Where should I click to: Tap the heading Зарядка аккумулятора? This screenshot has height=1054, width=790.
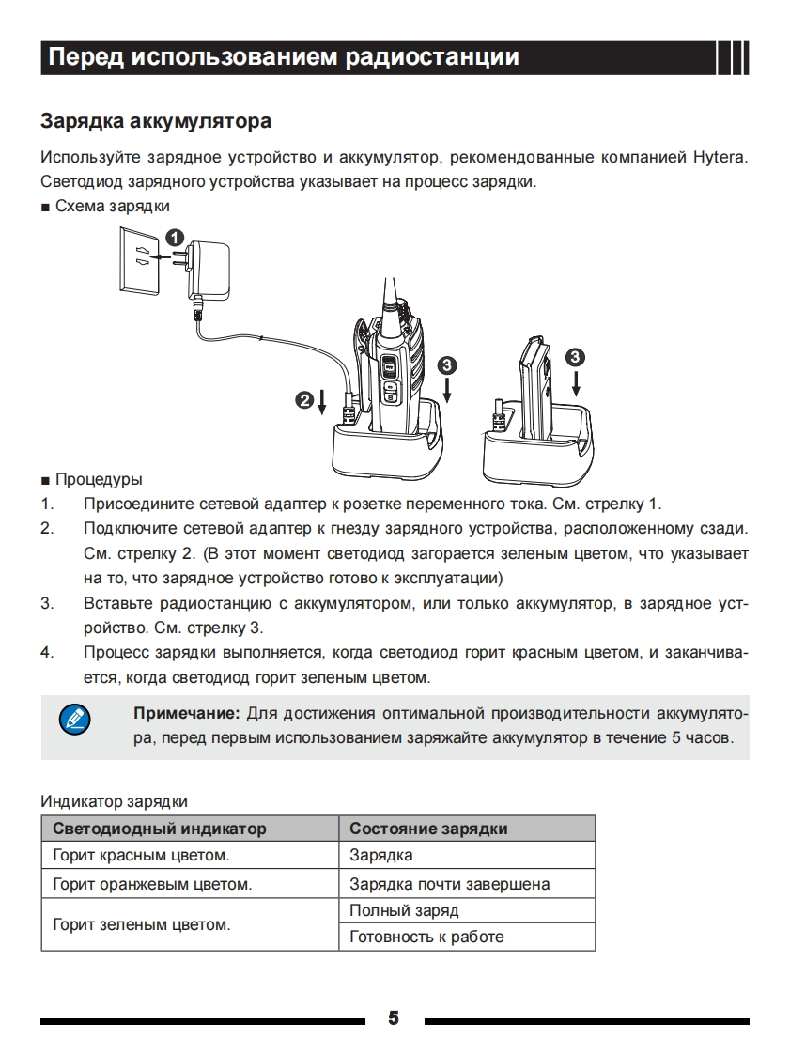156,121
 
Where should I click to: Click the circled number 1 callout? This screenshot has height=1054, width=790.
176,237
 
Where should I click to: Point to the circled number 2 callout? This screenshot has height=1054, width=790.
303,401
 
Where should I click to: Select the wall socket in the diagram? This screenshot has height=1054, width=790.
139,257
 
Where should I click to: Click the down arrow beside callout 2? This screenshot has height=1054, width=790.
322,402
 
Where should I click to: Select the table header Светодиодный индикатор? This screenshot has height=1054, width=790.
160,829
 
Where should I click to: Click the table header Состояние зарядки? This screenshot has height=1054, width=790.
428,829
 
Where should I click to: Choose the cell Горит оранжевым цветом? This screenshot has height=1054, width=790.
152,884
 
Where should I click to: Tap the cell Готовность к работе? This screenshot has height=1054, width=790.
426,937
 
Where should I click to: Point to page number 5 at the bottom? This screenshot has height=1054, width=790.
394,1018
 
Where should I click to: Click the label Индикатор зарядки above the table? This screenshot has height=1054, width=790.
114,801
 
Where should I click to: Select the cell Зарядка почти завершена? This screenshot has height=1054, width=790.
449,884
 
